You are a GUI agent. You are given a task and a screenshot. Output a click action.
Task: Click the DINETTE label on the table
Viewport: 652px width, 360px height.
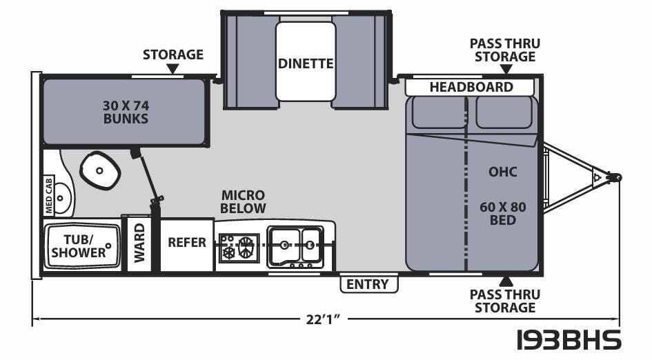(x=306, y=63)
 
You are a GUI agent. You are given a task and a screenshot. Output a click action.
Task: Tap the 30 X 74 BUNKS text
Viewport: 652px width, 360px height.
(x=125, y=112)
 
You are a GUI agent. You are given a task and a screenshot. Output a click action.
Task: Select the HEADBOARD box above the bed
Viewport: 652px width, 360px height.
(x=471, y=87)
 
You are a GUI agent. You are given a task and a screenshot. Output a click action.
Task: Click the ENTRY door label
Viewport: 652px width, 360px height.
(x=368, y=284)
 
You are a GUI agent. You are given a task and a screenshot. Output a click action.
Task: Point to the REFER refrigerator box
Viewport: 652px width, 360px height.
(x=187, y=243)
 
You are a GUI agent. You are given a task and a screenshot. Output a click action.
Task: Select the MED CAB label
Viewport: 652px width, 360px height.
(x=48, y=192)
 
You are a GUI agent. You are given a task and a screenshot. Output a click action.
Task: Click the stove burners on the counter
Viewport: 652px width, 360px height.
(x=239, y=248)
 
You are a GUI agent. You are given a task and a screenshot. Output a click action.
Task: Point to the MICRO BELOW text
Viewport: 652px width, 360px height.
(x=243, y=201)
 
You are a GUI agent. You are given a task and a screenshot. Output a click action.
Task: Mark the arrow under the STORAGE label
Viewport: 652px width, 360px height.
(x=172, y=69)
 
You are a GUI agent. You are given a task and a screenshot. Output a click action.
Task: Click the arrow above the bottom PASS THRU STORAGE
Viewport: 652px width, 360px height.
(x=507, y=280)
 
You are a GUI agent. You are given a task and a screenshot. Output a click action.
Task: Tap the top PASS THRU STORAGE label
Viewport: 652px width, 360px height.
(x=504, y=50)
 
